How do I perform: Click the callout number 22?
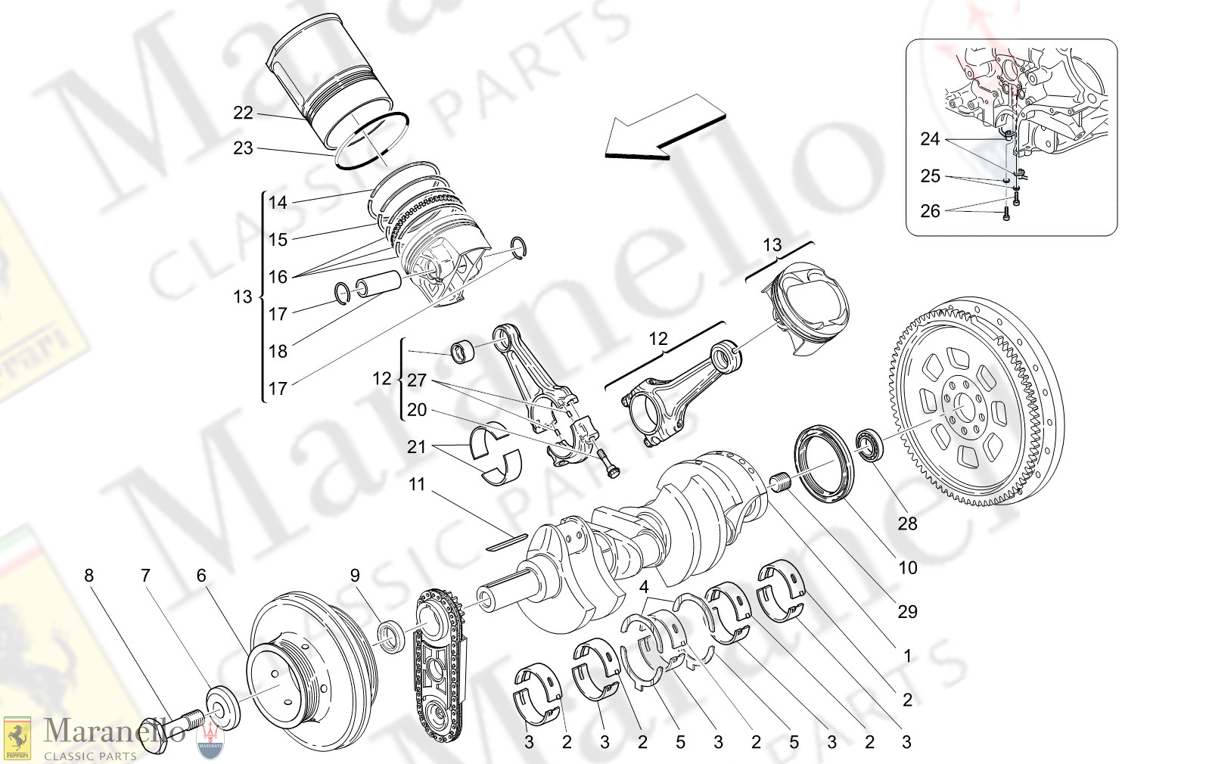click(x=243, y=113)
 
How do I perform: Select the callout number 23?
click(x=243, y=148)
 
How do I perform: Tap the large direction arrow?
click(x=664, y=128)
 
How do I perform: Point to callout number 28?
click(x=907, y=523)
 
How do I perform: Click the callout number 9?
click(x=355, y=576)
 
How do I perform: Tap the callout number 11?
click(x=417, y=484)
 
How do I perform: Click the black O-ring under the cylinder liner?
click(x=372, y=141)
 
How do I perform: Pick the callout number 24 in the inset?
click(x=930, y=139)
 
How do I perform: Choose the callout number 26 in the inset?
click(x=930, y=211)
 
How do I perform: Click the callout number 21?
click(x=417, y=447)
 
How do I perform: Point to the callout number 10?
click(x=907, y=567)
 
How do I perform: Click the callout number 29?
click(x=907, y=611)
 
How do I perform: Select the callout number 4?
click(x=644, y=587)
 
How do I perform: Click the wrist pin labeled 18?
click(x=378, y=284)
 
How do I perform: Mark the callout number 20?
click(x=417, y=410)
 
